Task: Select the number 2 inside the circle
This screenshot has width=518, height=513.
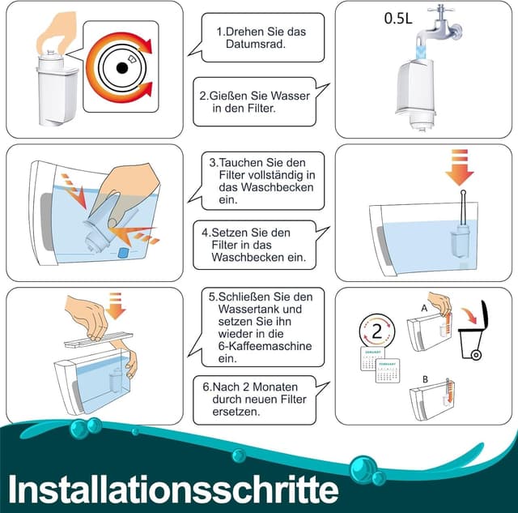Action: (x=376, y=333)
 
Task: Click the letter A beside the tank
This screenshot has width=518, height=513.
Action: (x=423, y=309)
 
